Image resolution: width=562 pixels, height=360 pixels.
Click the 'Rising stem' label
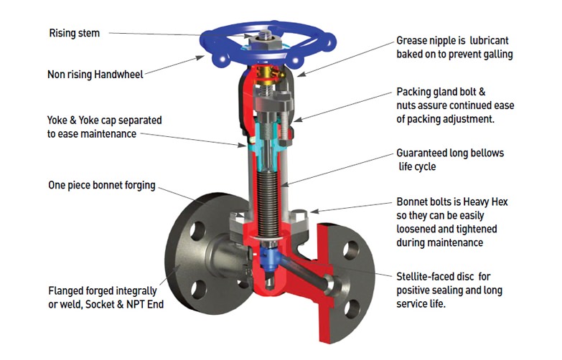(74, 33)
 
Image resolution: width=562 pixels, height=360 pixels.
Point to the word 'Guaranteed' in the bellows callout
(425, 153)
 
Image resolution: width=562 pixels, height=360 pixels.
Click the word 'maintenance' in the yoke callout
(108, 133)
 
